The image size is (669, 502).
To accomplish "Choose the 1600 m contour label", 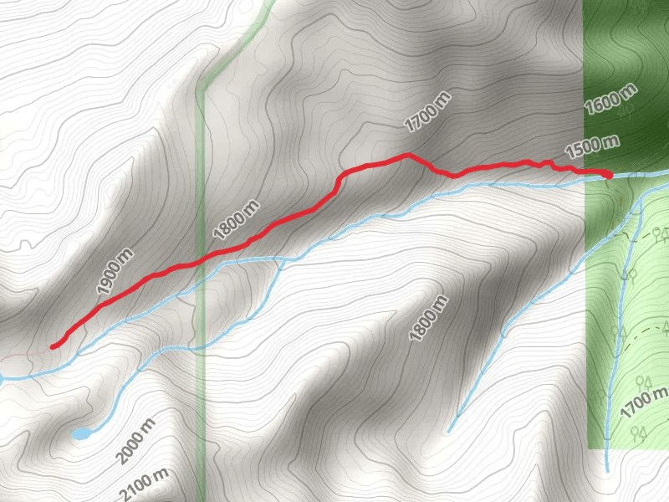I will [610, 100].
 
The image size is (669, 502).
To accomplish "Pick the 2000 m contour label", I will [135, 442].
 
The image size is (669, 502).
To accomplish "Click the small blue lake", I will [81, 433].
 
